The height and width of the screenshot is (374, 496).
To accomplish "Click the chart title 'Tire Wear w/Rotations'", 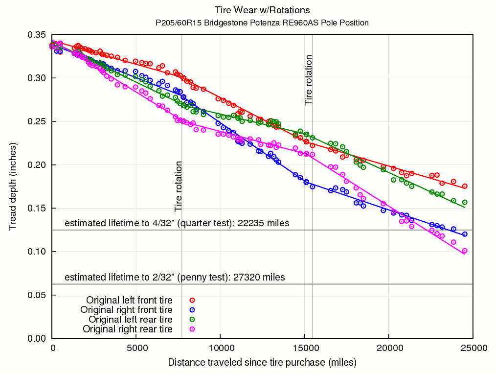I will pos(262,10).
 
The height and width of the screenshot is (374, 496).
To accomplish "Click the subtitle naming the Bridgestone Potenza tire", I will pos(262,23).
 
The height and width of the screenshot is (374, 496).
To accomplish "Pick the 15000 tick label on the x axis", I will pos(304,348).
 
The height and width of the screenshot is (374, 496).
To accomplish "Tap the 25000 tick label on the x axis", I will pos(472,348).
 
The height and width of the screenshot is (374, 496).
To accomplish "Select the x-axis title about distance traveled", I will pos(262,363).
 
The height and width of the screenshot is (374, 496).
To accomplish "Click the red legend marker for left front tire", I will pos(192,300).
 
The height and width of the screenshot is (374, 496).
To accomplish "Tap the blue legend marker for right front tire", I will pos(192,310).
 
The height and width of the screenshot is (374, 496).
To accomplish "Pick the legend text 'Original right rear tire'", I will pos(127,329).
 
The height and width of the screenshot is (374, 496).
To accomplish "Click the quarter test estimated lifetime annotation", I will pos(177,223).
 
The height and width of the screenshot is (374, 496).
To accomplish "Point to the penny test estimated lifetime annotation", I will pos(175,278).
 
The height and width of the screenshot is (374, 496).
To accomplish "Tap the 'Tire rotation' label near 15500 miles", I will pos(308,80).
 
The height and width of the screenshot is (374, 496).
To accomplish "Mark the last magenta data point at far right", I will pos(465,251).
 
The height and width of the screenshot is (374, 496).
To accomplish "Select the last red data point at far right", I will pos(465,186).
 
